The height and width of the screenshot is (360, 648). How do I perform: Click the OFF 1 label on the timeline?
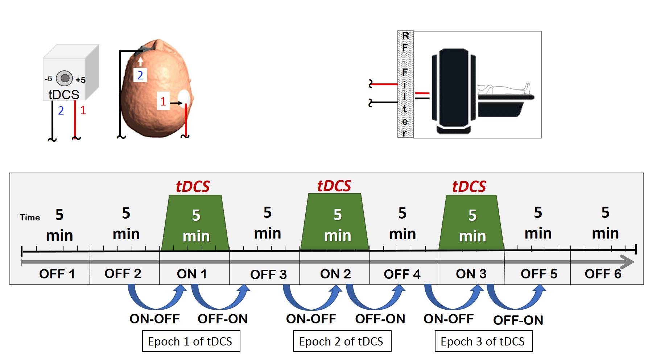point(57,274)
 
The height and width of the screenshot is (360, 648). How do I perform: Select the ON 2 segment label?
point(335,274)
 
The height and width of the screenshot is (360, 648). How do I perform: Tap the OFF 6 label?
point(603,274)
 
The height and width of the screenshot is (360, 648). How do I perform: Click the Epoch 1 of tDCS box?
point(191,341)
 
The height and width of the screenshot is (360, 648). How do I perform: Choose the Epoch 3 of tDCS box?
point(483,341)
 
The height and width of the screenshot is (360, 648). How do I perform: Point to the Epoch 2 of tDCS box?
point(342,341)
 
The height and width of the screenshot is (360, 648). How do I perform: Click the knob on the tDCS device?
point(65,78)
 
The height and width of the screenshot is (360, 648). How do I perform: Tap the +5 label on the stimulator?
point(81,80)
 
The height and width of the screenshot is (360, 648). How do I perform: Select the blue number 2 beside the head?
point(140,75)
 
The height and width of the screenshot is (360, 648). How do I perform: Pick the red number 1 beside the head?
point(163,102)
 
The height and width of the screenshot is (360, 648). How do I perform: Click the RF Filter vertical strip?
point(405,84)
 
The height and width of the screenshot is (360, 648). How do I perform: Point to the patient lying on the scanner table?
point(504,88)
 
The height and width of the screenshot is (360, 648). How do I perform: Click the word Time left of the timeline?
point(30,218)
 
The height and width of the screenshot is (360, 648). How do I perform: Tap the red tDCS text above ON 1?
point(193,186)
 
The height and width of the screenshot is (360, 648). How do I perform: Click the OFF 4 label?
point(402,274)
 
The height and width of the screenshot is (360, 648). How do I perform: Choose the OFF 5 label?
point(539,274)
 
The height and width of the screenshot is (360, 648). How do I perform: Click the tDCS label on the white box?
point(64,95)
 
